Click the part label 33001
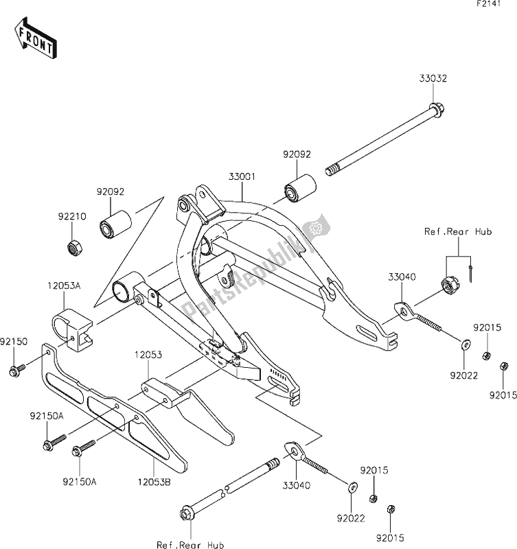[242, 176]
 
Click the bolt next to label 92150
[16, 372]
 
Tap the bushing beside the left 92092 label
[115, 226]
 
